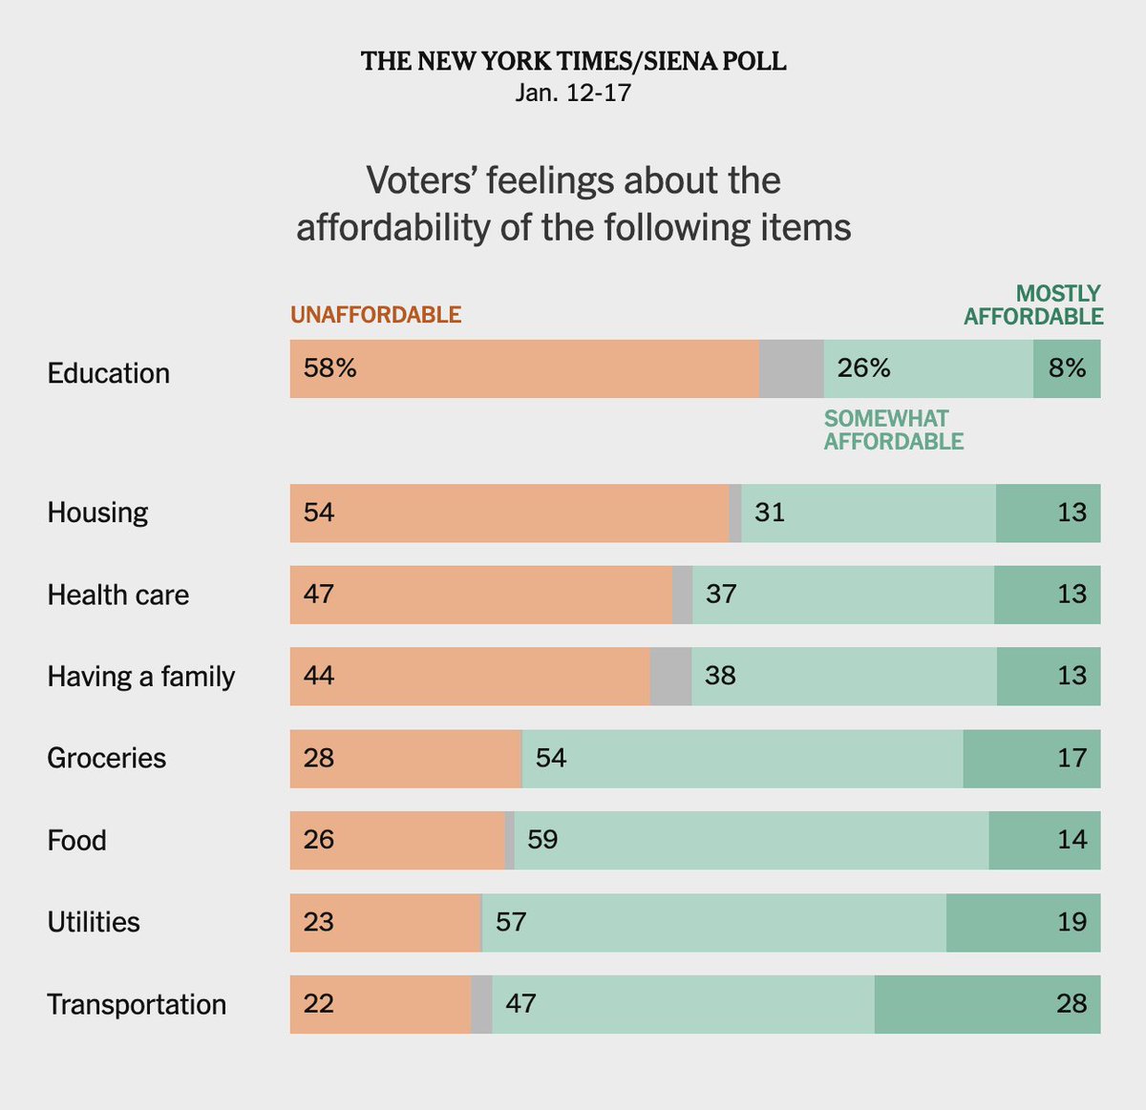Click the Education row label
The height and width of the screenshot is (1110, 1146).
108,373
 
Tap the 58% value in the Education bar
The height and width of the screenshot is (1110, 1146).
329,368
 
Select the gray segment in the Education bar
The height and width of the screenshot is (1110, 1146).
791,368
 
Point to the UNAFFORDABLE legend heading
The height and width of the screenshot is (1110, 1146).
375,315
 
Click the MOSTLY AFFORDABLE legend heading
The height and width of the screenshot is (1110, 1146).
1033,305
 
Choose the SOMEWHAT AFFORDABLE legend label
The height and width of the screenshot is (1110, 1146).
893,429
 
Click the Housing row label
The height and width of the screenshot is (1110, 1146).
97,513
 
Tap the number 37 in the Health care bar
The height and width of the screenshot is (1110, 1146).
721,595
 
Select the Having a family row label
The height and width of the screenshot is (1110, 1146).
140,677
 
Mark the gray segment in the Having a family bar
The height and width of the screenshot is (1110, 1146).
670,677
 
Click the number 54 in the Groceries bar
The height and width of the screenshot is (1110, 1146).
551,758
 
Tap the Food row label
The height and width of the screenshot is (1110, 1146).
76,841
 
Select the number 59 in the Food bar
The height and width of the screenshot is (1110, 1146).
542,840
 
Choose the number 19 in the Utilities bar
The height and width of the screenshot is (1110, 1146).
1072,922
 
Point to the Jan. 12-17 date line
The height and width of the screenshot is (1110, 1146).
573,93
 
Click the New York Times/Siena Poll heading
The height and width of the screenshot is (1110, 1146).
573,62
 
